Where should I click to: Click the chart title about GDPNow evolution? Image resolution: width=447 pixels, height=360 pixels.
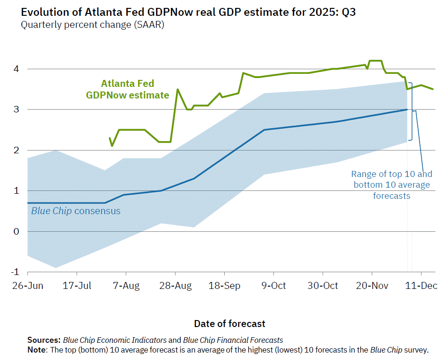(188, 12)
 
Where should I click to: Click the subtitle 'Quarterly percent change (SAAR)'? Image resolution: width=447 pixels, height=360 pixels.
(92, 25)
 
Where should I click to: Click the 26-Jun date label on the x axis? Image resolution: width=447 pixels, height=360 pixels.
(27, 286)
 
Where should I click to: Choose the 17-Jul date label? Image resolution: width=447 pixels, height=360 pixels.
(77, 286)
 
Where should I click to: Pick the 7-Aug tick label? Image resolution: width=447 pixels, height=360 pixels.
(126, 286)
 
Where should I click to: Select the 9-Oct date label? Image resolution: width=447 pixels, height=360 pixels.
(273, 286)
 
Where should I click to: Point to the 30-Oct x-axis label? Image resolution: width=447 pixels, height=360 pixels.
(323, 286)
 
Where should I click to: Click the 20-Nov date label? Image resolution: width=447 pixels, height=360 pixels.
(371, 286)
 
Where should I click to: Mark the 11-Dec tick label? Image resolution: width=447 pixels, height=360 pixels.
(421, 286)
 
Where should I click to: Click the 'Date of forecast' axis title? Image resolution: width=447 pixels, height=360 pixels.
(230, 323)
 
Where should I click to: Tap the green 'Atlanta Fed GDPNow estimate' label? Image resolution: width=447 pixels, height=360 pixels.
(128, 90)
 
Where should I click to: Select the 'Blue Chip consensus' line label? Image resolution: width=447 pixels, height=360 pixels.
(76, 211)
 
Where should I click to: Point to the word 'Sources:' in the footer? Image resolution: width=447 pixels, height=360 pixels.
(44, 340)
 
